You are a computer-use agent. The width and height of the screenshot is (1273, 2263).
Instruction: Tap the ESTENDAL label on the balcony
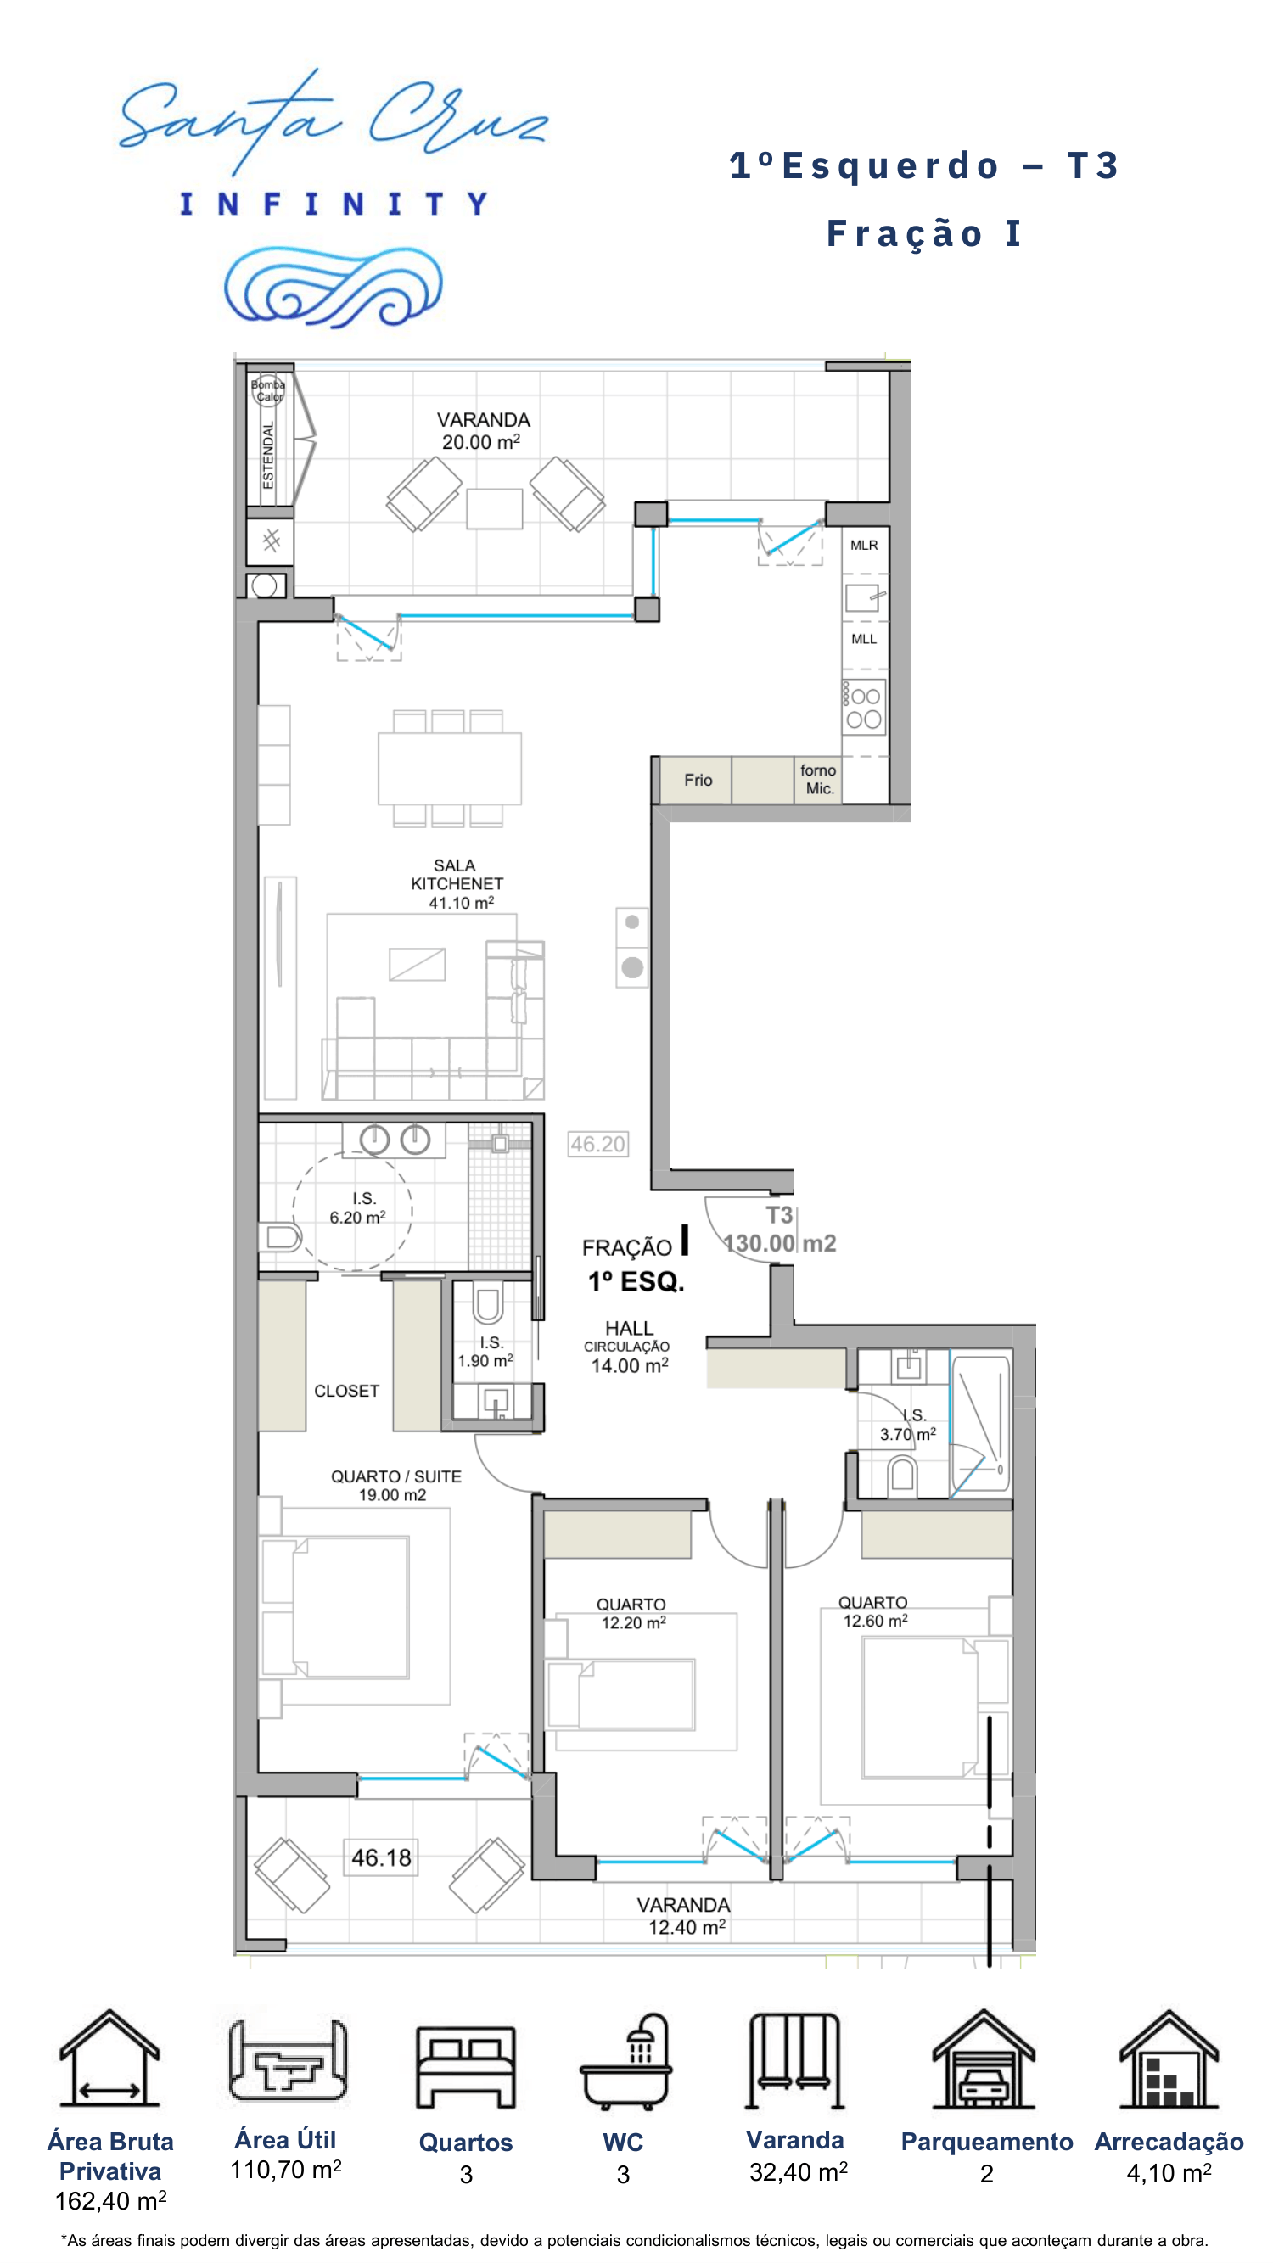[x=268, y=454]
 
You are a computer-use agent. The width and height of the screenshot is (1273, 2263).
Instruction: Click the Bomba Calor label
[x=268, y=390]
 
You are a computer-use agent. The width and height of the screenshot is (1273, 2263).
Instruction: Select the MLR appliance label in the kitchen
[x=864, y=546]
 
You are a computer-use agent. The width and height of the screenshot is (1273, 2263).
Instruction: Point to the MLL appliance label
[x=864, y=639]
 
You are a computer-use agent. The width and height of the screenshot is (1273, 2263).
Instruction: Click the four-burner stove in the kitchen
[x=864, y=707]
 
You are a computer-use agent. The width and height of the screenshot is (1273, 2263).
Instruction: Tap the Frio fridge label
[x=698, y=780]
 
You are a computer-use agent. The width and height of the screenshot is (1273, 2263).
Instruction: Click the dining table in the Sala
[x=449, y=769]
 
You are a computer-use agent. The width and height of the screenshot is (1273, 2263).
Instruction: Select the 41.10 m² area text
[x=461, y=902]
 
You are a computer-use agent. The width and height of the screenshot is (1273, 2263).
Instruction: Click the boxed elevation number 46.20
[x=598, y=1144]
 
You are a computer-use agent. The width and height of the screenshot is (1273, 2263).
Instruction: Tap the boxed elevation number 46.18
[x=381, y=1857]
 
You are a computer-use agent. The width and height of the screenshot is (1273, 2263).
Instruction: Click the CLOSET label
[x=347, y=1391]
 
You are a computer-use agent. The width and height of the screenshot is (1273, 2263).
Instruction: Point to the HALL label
[x=629, y=1328]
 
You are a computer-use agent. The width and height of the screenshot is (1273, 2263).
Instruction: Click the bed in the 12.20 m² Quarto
[x=621, y=1694]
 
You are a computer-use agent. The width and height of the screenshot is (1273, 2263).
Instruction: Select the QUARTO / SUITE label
[x=396, y=1476]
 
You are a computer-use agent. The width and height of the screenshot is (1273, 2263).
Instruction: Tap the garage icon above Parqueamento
[x=984, y=2059]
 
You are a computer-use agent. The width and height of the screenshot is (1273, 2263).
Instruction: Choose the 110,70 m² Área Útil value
[x=285, y=2170]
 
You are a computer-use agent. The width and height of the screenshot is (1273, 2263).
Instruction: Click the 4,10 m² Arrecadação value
[x=1169, y=2172]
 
